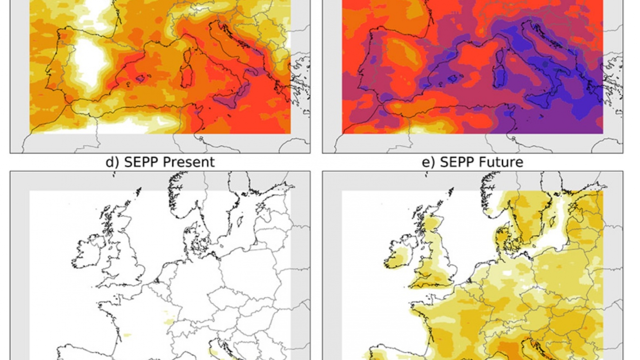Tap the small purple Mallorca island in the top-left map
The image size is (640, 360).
coord(140,79)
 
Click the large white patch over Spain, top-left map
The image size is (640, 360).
coord(90,63)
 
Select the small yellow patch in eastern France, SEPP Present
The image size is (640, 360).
coord(169,322)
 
